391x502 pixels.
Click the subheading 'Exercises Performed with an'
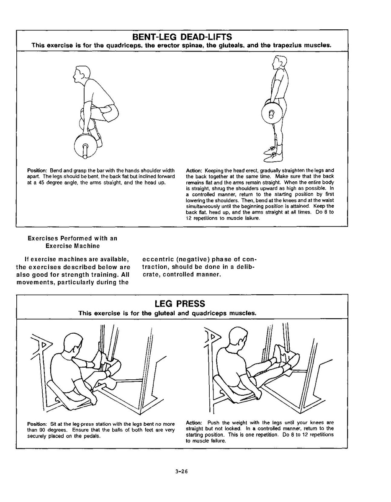point(72,238)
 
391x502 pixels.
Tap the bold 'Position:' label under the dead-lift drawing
point(37,171)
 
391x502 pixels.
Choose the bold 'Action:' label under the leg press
point(194,422)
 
